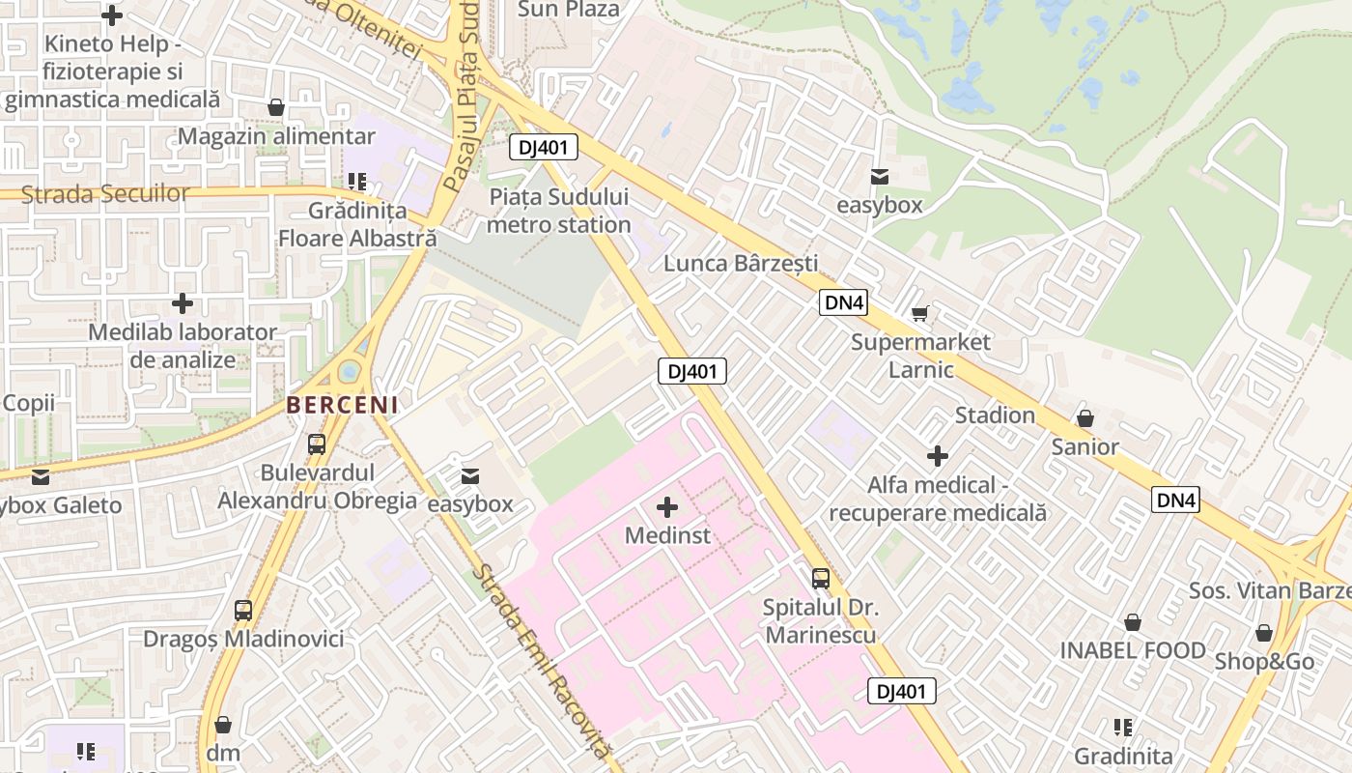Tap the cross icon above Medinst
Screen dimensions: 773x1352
tap(666, 506)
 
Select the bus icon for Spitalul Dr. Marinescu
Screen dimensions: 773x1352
tap(820, 579)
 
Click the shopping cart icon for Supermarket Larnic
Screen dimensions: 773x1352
tap(920, 313)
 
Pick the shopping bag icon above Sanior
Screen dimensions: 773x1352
tap(1084, 418)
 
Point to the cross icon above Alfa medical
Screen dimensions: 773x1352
tap(937, 456)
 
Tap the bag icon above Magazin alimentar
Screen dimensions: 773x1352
tap(276, 107)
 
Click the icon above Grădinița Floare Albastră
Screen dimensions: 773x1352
tap(357, 182)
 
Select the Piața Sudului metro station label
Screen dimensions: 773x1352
tap(559, 211)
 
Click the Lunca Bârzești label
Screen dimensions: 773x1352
tap(741, 263)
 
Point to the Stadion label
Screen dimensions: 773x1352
tap(995, 415)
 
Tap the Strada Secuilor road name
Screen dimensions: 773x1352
tap(105, 194)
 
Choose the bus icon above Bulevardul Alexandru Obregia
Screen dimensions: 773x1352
tap(317, 444)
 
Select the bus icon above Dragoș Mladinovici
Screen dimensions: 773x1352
tap(243, 611)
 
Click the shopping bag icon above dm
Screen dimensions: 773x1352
tap(223, 725)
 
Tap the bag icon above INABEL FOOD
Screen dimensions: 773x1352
tap(1132, 622)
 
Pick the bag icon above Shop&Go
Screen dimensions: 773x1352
tap(1263, 633)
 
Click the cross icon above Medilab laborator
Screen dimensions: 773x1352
tap(182, 304)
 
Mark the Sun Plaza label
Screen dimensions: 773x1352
tap(568, 10)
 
